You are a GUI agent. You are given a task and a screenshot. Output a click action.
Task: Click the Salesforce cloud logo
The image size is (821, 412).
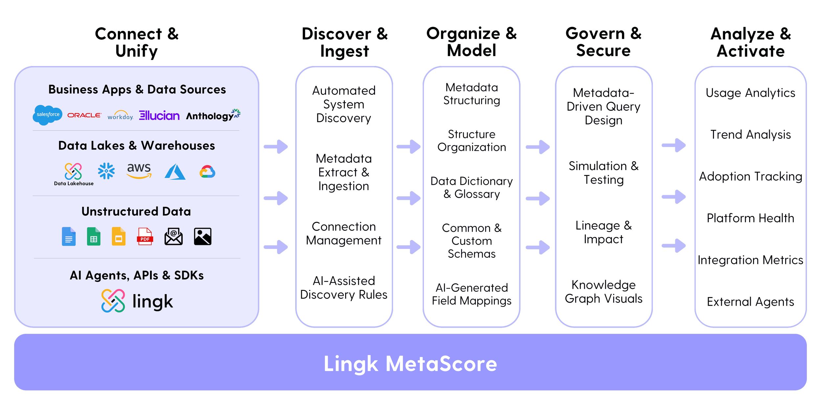(48, 115)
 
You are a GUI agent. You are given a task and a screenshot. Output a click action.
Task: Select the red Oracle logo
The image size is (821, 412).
(84, 115)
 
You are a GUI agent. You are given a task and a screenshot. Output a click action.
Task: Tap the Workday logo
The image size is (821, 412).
(120, 116)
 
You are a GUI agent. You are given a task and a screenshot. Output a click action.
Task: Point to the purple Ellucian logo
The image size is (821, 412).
(159, 115)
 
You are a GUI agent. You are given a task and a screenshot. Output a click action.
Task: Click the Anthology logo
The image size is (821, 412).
(213, 116)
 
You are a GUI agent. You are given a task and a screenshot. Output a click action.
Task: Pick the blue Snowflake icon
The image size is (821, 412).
(106, 171)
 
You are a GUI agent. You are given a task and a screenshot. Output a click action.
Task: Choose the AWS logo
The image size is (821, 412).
(139, 170)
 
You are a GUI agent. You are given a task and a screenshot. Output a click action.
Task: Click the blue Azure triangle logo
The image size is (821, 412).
(175, 172)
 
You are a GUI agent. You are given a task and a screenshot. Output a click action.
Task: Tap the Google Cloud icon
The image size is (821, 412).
(208, 172)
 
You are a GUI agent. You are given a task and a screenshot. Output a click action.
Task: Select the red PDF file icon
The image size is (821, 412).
(145, 236)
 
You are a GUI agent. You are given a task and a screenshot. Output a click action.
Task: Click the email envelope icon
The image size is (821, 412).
(173, 236)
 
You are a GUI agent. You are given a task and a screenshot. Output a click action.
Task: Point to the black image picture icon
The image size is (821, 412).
(203, 236)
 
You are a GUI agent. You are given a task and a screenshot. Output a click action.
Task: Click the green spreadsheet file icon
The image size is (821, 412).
(94, 236)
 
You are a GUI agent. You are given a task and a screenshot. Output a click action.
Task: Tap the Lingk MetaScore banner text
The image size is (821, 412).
(410, 364)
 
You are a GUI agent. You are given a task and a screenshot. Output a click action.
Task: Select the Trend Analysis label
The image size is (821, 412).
(750, 135)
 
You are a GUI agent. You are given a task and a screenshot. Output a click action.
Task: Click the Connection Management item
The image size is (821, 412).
(344, 233)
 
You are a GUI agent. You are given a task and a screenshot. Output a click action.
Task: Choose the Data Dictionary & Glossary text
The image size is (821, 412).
(472, 187)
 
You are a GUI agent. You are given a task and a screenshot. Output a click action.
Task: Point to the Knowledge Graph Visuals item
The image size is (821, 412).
(604, 292)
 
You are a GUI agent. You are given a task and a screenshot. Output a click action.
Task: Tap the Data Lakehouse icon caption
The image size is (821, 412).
(74, 184)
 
